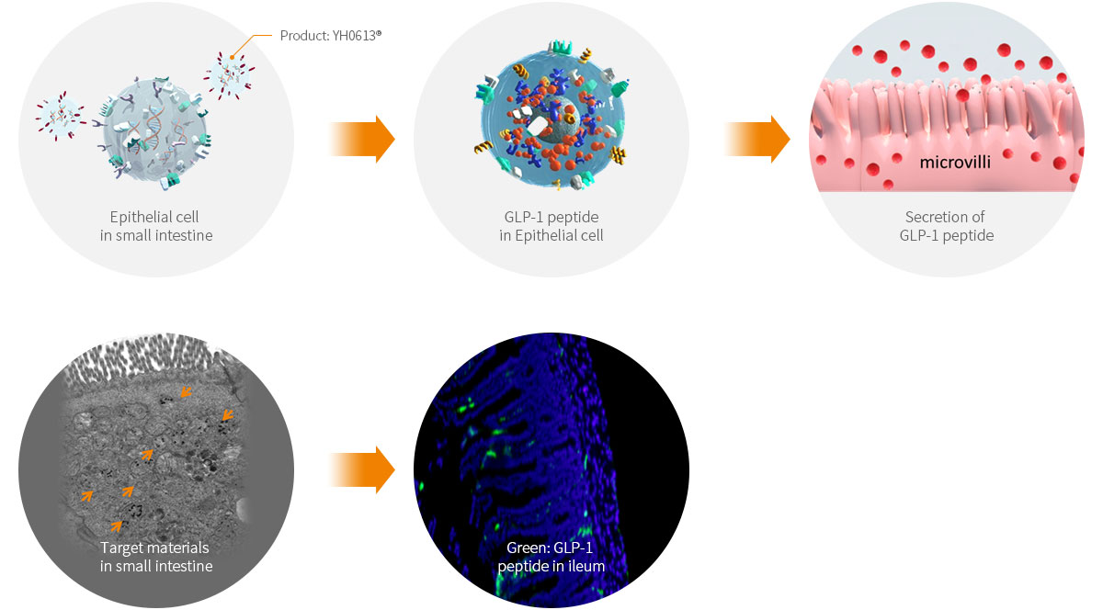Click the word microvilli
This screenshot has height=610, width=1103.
point(961,164)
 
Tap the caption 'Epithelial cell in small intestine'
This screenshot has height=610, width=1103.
point(155,226)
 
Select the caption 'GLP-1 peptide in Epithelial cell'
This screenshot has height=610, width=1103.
point(551,226)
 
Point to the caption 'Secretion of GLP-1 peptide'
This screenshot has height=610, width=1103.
point(946,226)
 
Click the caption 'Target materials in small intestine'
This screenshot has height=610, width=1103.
point(155,557)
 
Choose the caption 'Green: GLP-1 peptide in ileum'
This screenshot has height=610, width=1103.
point(551,557)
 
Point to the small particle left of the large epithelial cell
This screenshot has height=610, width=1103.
point(60,119)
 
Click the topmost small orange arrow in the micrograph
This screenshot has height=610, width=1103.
point(186,391)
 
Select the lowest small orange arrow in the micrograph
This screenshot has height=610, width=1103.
point(116,525)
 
